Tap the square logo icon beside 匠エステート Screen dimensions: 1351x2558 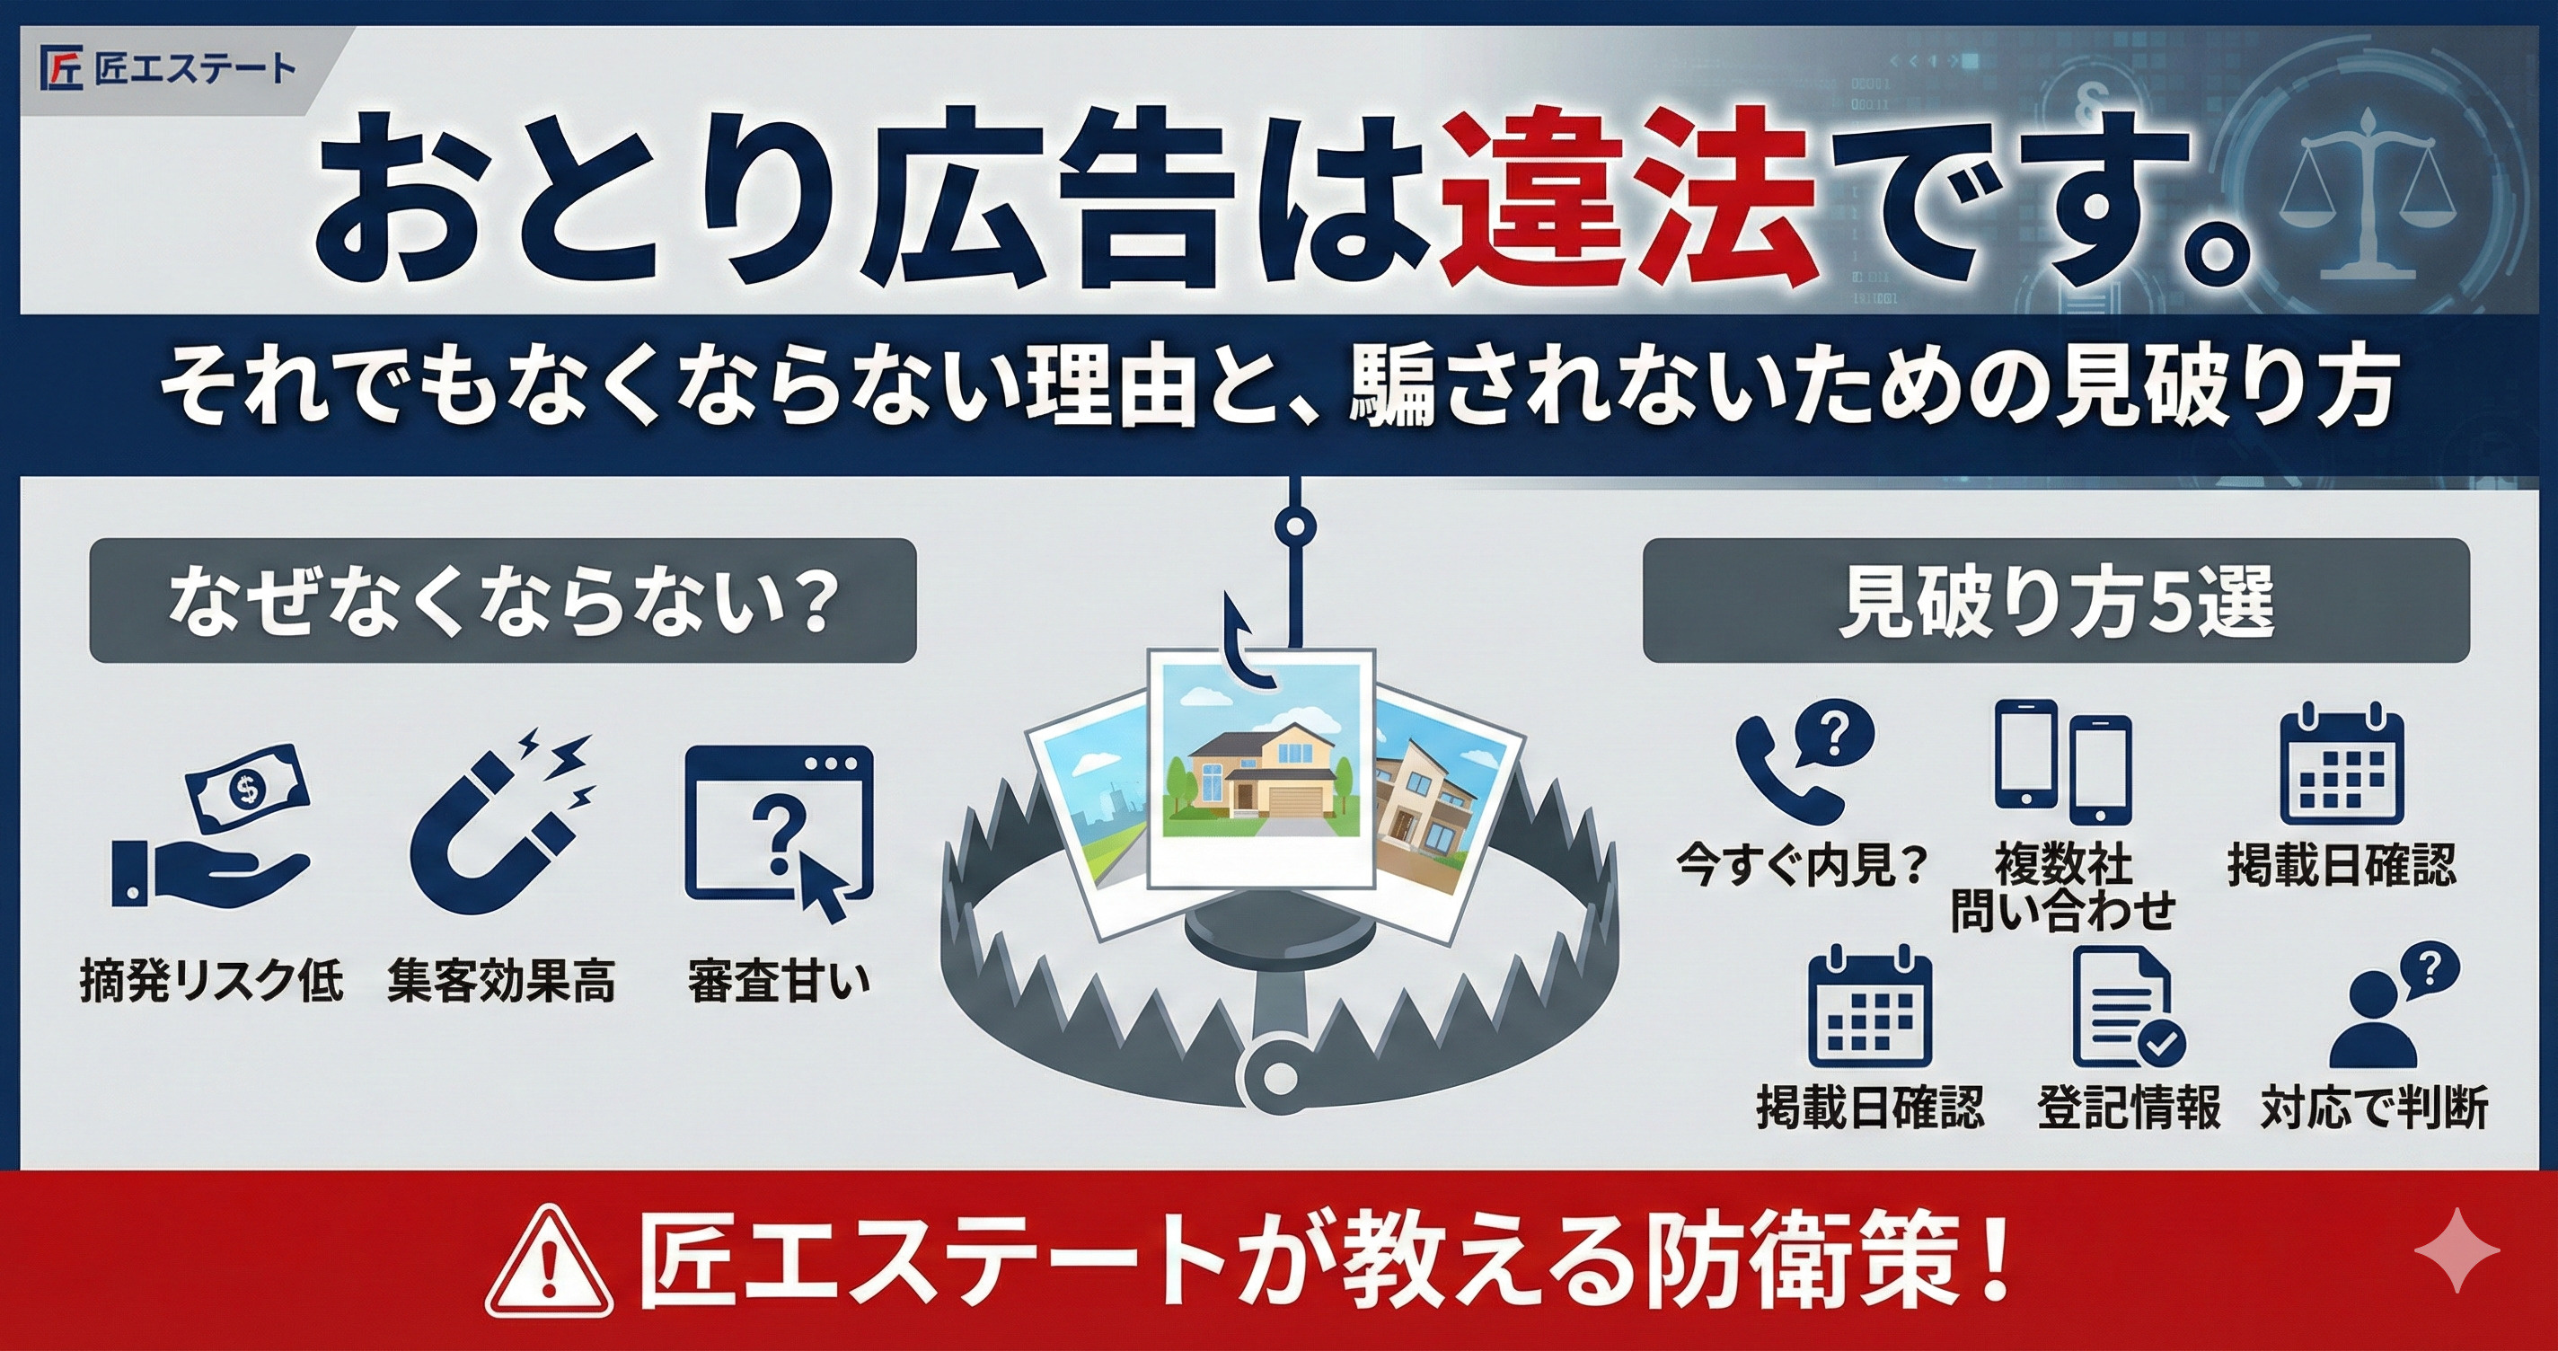[x=62, y=68]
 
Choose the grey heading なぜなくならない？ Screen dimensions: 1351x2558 [x=501, y=600]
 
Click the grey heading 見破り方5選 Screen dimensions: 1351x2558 [x=2056, y=600]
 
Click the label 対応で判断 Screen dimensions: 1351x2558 [x=2373, y=1108]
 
